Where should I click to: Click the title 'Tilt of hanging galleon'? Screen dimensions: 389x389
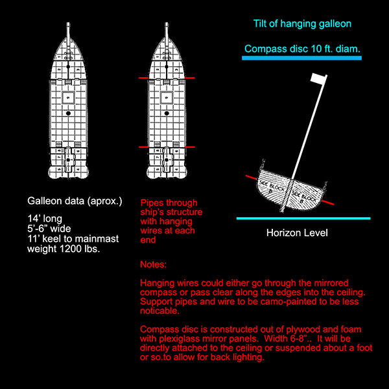tap(301, 25)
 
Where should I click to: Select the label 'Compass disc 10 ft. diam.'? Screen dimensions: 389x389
tap(302, 49)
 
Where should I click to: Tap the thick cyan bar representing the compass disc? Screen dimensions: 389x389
tap(301, 58)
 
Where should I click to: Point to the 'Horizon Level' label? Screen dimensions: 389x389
tap(297, 233)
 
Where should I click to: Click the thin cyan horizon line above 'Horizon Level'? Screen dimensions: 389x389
tap(303, 218)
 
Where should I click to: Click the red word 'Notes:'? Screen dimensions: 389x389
tap(154, 265)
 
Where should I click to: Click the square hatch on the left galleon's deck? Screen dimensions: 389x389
tap(69, 98)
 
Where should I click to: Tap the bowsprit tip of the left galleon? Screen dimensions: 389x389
tap(69, 26)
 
